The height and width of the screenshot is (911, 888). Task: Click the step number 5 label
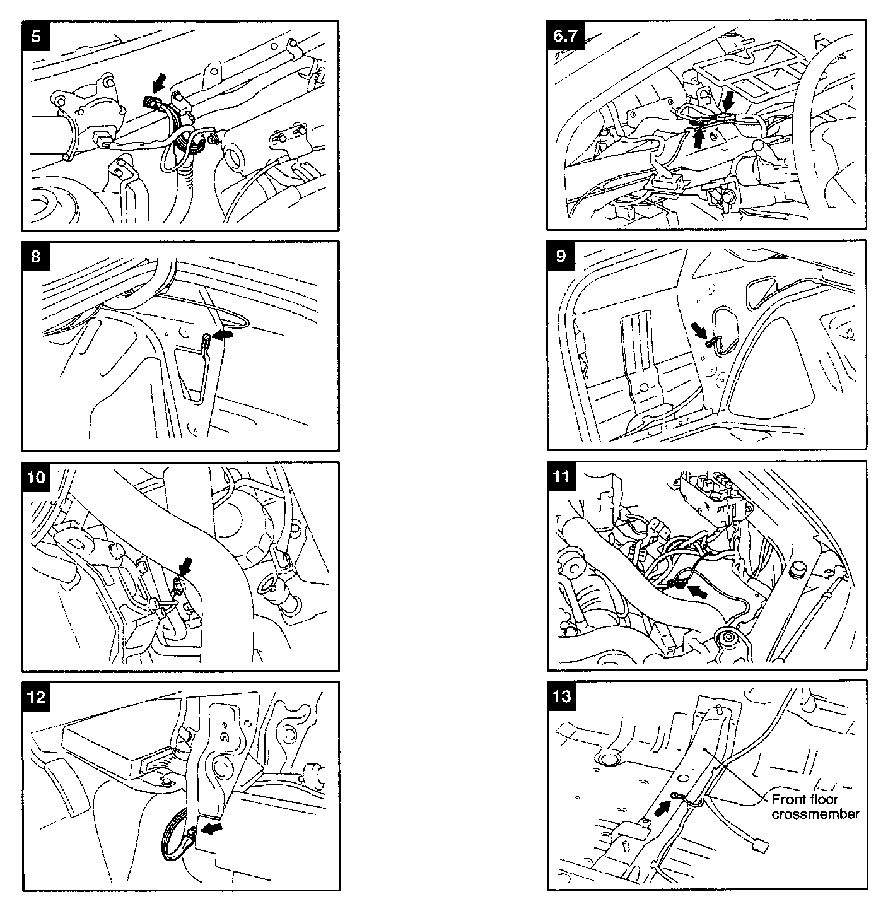[36, 36]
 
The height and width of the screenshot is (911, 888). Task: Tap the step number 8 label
[36, 256]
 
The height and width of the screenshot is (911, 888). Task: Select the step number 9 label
[561, 256]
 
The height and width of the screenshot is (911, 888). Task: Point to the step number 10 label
[37, 477]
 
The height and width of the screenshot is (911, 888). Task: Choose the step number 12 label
[37, 696]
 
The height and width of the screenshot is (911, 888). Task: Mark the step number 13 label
[561, 696]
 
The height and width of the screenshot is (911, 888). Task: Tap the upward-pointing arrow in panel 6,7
[698, 138]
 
